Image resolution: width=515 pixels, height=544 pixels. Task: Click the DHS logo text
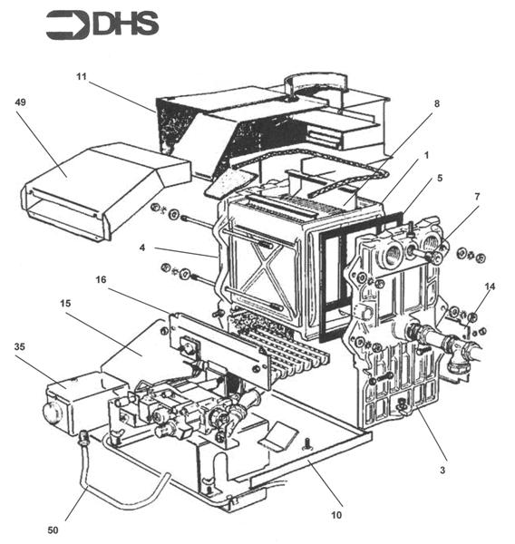[126, 24]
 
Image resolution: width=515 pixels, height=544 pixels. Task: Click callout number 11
[82, 76]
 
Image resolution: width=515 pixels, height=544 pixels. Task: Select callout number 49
[21, 102]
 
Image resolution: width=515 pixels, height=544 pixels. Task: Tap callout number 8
[437, 103]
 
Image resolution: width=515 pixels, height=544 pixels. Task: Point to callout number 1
[427, 155]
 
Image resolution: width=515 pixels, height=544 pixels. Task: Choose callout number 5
[440, 178]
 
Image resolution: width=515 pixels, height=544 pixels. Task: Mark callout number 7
[477, 197]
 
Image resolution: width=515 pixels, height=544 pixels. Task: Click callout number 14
[490, 287]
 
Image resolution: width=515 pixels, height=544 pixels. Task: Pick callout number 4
[142, 248]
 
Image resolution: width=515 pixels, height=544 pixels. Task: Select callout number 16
[101, 279]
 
